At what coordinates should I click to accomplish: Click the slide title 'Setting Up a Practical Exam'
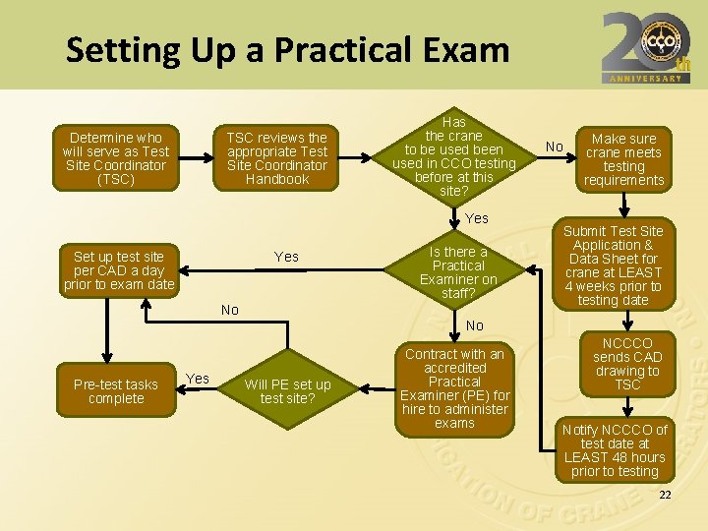click(x=287, y=50)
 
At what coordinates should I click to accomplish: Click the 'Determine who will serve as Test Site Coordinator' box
click(x=116, y=158)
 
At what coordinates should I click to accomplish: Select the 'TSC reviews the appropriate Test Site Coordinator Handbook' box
click(x=276, y=158)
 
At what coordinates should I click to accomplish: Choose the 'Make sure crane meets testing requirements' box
click(x=623, y=159)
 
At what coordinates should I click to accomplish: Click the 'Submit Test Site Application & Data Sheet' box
click(x=614, y=265)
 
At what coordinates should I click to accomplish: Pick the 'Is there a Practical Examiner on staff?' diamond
click(x=458, y=272)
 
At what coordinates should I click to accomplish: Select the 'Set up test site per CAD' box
click(x=119, y=270)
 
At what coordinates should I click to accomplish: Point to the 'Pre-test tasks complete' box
click(x=116, y=391)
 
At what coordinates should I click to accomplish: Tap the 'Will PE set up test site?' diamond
click(x=287, y=391)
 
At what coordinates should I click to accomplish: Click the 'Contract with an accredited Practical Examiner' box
click(x=454, y=388)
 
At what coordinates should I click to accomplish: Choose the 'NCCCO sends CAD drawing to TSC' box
click(x=627, y=364)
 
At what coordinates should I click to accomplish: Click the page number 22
click(x=665, y=495)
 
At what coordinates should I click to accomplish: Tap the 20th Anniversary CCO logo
click(x=645, y=46)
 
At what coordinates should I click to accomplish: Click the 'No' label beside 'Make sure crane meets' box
click(x=555, y=147)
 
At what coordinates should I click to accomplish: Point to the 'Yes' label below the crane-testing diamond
click(x=477, y=218)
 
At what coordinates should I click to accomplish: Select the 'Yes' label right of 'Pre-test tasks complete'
click(x=198, y=379)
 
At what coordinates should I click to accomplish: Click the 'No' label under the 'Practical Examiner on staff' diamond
click(x=475, y=325)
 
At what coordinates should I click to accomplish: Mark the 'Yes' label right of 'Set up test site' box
click(x=286, y=257)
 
